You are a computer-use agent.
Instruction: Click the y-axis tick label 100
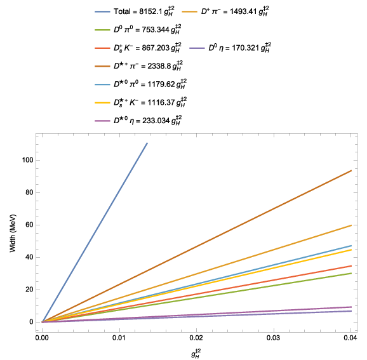27,160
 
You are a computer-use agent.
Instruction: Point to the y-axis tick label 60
29,225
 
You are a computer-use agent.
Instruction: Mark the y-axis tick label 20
29,290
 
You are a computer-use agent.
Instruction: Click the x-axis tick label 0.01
119,338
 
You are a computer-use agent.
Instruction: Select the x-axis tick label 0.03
274,338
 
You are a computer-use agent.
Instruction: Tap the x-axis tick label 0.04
350,338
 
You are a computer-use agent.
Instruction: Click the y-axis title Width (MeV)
13,233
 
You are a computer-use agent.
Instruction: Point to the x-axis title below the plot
196,354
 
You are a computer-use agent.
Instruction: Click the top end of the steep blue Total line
147,143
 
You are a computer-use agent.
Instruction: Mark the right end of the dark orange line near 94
351,171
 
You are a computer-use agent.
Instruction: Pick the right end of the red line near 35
351,266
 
